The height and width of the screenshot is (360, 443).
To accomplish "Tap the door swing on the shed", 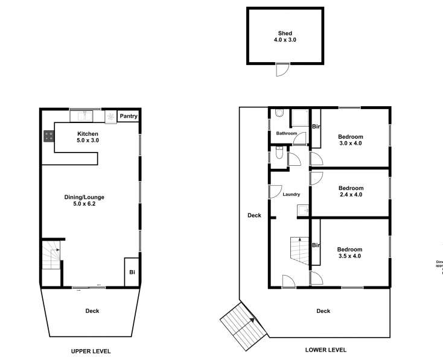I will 282,69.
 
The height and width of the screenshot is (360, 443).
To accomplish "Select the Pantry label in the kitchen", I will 129,116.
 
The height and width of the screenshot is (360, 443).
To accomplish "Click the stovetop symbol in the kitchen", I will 48,137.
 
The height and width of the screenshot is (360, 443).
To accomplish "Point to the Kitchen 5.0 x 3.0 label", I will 88,137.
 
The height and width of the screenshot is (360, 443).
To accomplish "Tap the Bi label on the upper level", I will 132,272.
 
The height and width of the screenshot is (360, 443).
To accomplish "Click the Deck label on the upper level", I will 92,311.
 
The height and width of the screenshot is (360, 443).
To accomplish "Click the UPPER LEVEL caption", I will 91,351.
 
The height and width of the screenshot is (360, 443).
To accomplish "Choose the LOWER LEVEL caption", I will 326,350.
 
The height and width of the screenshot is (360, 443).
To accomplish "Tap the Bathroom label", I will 286,133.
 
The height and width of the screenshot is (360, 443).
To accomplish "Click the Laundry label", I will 291,194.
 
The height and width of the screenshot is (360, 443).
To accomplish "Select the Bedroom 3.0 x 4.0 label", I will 350,140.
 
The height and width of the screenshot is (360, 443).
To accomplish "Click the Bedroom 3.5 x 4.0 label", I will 349,253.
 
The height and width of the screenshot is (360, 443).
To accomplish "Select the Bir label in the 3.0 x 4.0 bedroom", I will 315,127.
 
